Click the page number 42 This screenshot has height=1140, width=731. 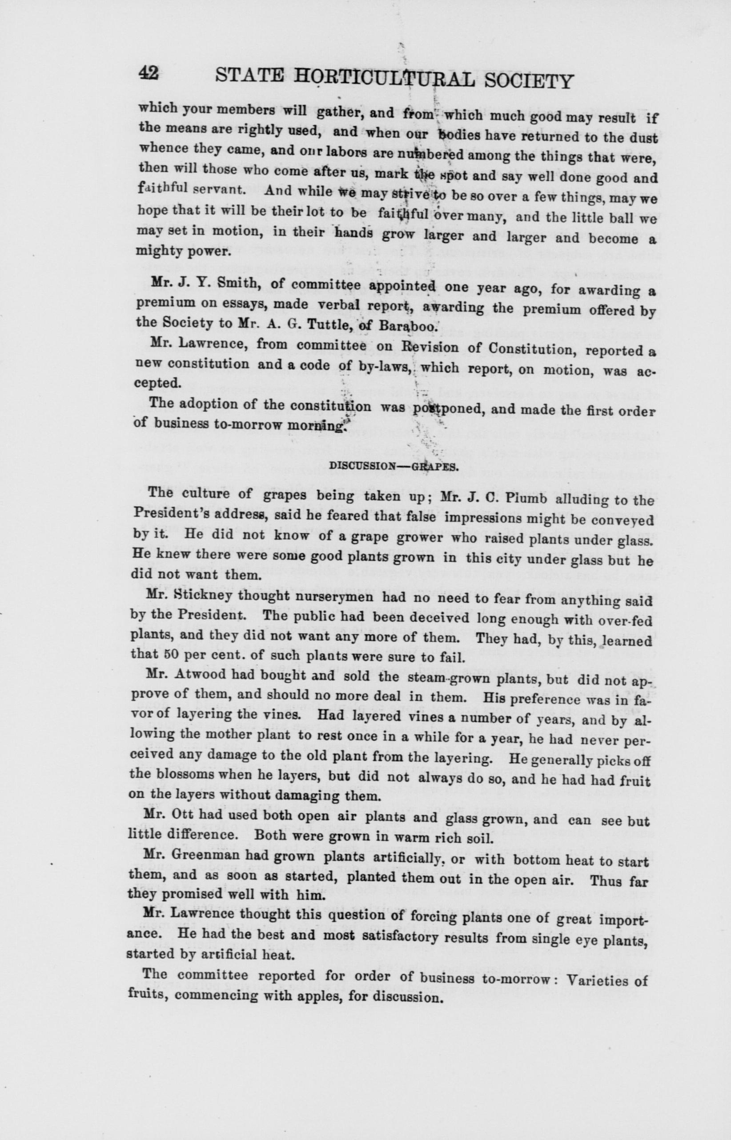(148, 75)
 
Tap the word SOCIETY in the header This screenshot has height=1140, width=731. (527, 82)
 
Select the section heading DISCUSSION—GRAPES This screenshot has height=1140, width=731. (394, 465)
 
